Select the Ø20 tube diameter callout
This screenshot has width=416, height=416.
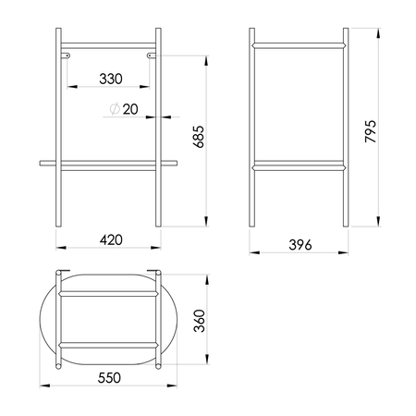(x=125, y=109)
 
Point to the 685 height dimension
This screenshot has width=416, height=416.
(x=197, y=136)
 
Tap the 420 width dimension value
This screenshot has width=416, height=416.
(x=111, y=239)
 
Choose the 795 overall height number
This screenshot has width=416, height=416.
(x=370, y=129)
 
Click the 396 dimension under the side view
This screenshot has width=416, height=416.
(x=300, y=244)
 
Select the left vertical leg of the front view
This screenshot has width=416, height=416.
(x=59, y=129)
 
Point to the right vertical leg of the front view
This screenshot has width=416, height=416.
(x=159, y=129)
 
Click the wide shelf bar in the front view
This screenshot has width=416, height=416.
(x=108, y=163)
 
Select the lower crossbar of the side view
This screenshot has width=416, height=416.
(x=300, y=166)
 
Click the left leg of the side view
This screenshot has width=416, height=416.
(x=253, y=129)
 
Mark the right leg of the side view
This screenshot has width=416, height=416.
(x=345, y=129)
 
